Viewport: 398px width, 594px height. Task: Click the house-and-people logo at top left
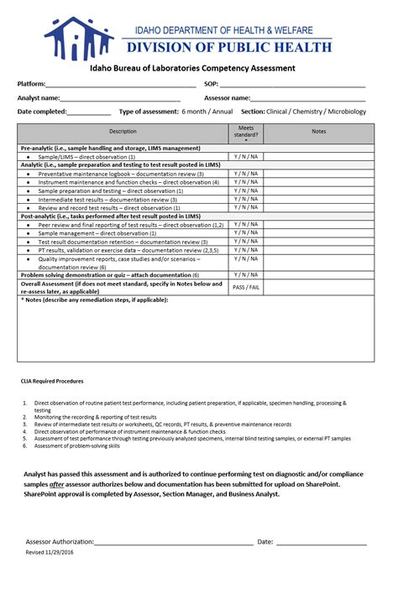[78, 38]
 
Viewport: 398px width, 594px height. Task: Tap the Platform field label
[31, 85]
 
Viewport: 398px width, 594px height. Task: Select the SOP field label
[211, 85]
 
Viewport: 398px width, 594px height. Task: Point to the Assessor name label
[227, 98]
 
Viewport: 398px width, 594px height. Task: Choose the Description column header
[123, 132]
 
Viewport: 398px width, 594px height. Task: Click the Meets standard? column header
[246, 132]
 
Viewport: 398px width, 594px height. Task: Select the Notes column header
[319, 132]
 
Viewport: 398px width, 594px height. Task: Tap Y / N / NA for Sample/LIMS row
[246, 157]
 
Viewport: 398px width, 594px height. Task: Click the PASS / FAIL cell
[246, 287]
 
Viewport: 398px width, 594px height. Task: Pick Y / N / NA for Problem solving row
[246, 274]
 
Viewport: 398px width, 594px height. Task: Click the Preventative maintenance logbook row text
[121, 174]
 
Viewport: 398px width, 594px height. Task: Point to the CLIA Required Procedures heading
[53, 381]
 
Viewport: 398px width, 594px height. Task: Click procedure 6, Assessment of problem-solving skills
[76, 445]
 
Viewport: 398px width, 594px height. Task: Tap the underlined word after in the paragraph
[57, 484]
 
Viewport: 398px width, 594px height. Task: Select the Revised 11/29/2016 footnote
[50, 553]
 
